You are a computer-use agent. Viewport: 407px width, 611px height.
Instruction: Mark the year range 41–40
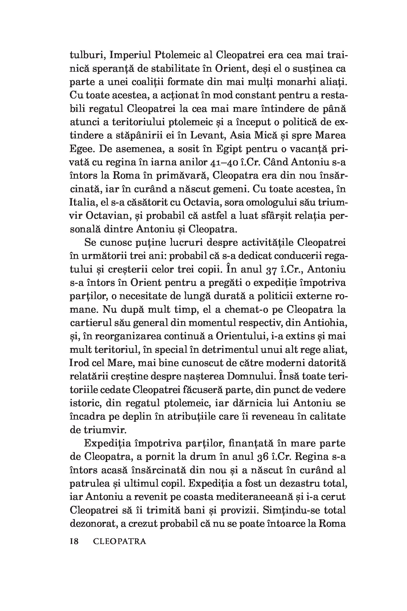[x=223, y=162]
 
